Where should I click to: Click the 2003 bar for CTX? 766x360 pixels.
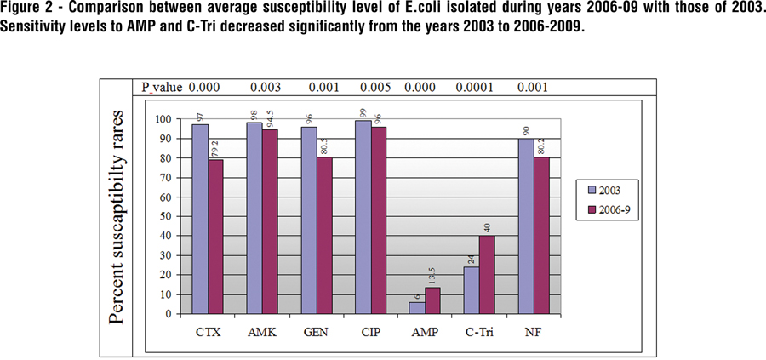click(201, 219)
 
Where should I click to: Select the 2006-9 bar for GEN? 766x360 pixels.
click(324, 235)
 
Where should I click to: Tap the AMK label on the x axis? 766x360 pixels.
click(264, 332)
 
